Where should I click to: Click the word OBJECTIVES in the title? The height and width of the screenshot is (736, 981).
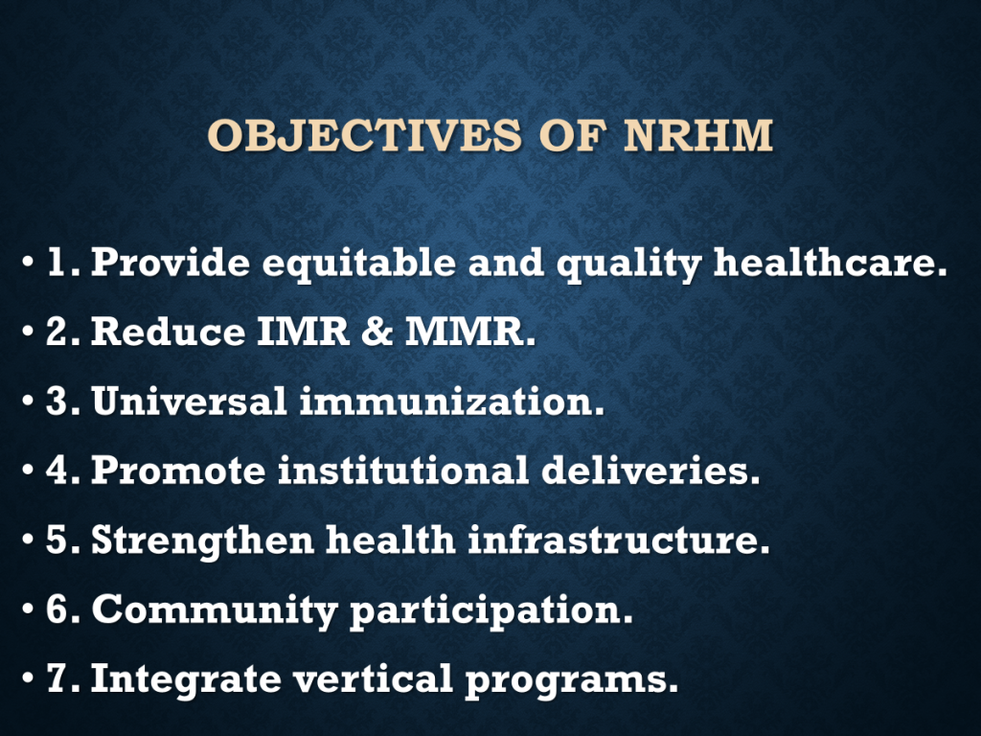click(364, 135)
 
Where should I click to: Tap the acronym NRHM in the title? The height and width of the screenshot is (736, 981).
click(698, 135)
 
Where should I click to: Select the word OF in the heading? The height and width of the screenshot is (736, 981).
click(573, 135)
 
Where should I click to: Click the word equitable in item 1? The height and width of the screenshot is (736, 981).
click(358, 263)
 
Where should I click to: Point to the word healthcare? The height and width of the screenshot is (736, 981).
click(831, 262)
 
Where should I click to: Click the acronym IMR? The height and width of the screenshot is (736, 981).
click(304, 331)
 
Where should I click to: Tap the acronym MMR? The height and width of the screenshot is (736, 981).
click(470, 331)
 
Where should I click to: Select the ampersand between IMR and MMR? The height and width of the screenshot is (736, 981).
click(377, 331)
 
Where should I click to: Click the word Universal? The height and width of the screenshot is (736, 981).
click(189, 401)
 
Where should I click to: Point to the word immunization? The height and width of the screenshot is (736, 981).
click(452, 401)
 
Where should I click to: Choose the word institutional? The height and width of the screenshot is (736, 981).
click(403, 470)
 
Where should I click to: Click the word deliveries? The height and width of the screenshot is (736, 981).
click(650, 470)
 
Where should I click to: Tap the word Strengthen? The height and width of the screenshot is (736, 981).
click(203, 541)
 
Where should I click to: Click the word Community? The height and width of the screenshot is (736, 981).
click(215, 610)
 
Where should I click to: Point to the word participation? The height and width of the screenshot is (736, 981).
click(491, 610)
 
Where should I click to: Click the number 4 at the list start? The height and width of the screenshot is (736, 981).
click(57, 470)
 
